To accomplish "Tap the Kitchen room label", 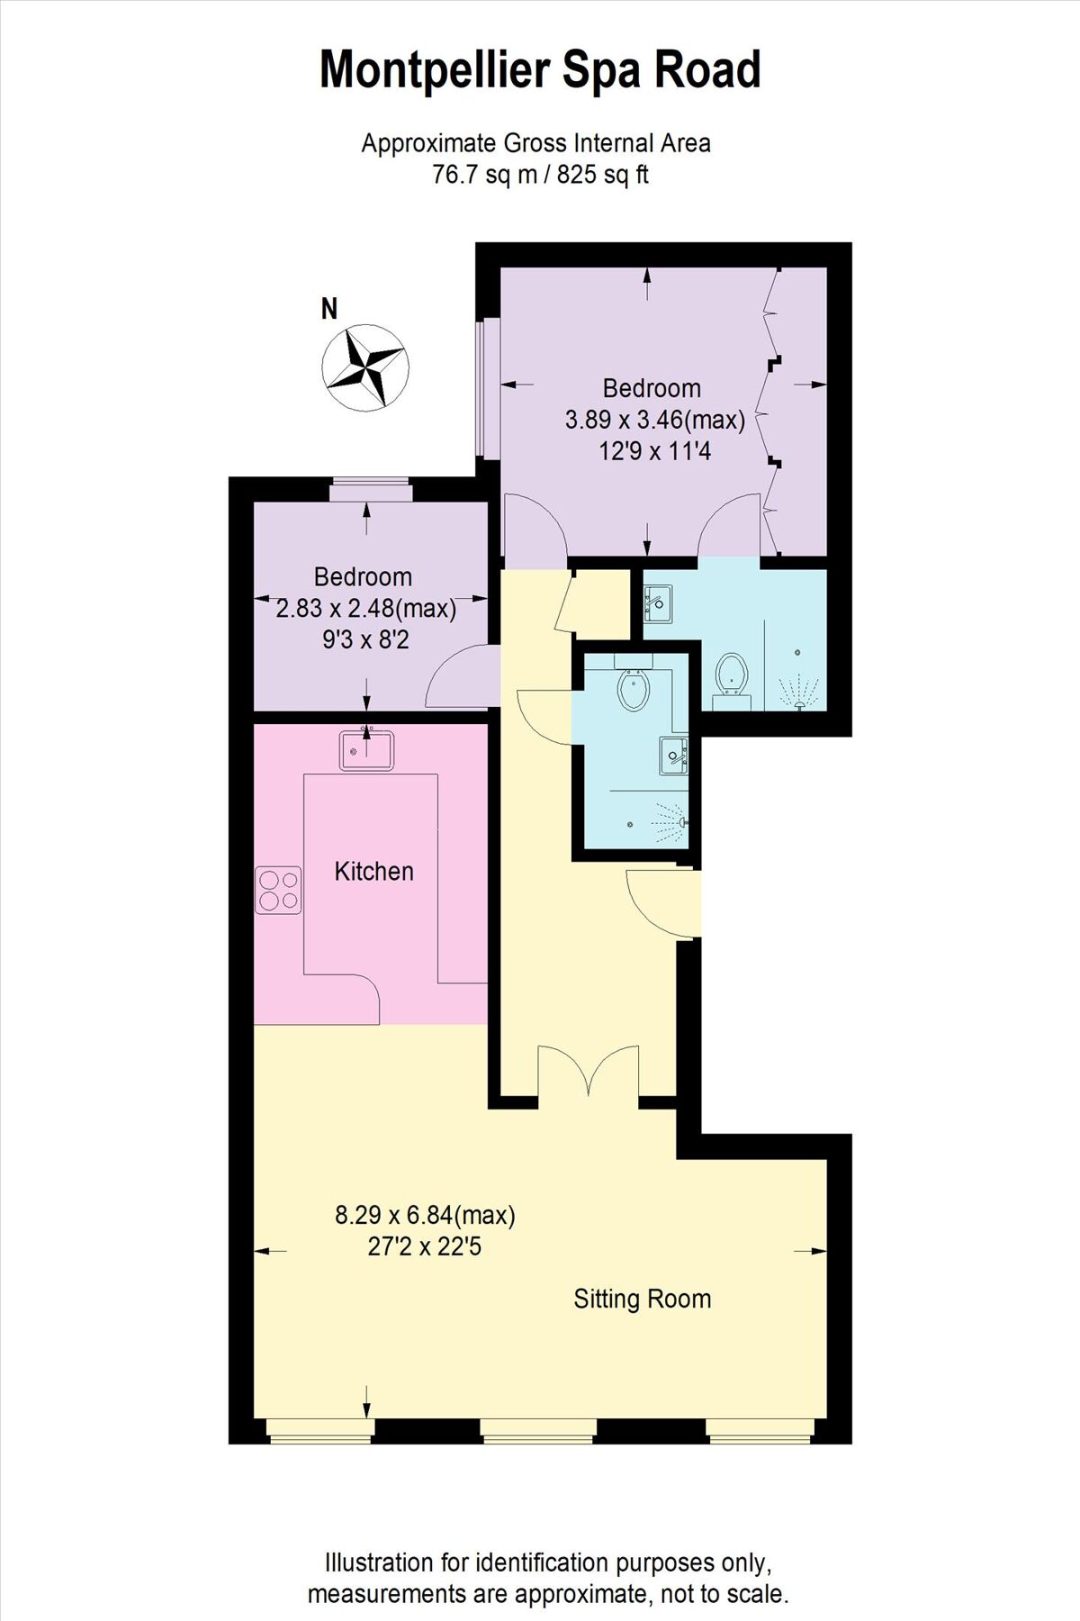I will point(373,871).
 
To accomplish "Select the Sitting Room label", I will point(642,1299).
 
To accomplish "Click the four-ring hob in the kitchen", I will point(278,890).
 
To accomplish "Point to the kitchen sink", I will point(367,750).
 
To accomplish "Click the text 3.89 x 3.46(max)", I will point(654,420).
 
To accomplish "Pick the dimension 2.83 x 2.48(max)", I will point(365,609).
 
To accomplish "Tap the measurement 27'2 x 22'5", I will point(425,1247).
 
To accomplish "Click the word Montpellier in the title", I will point(436,70).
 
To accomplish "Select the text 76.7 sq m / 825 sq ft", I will point(540,174).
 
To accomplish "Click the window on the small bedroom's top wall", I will point(370,491).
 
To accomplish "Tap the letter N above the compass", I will point(329,309).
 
